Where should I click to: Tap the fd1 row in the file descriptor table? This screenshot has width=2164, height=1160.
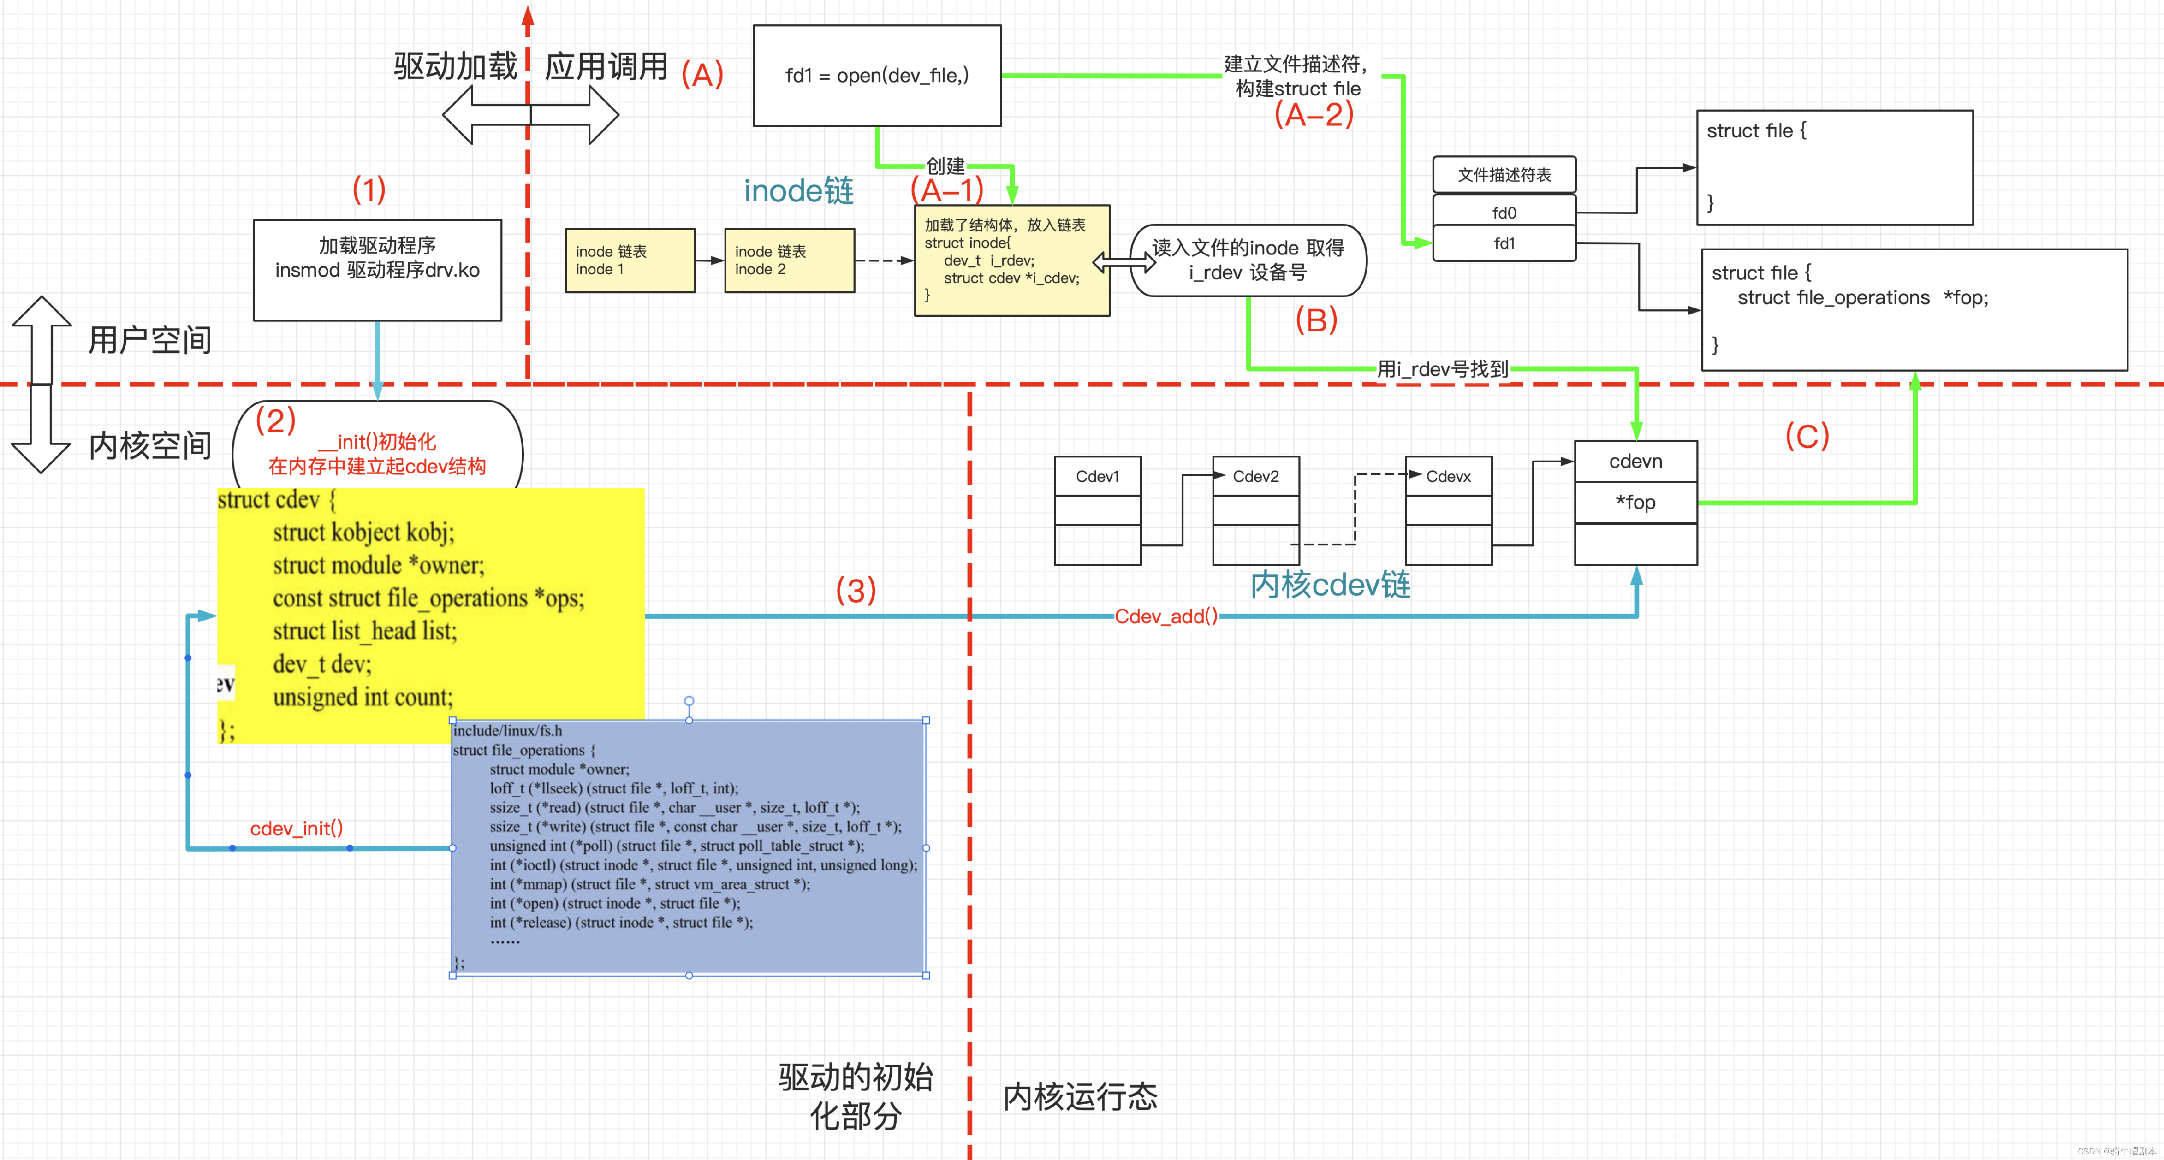[1504, 243]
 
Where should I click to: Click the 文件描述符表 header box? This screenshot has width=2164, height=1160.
[1504, 175]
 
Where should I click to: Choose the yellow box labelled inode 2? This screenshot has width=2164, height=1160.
[789, 260]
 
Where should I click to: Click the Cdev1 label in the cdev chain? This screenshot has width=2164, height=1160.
[1097, 476]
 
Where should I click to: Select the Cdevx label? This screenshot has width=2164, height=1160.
[1448, 476]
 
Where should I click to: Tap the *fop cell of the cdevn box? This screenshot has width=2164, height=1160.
[1635, 502]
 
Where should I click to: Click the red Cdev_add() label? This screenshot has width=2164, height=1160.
[1165, 616]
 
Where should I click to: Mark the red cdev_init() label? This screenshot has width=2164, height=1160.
[297, 828]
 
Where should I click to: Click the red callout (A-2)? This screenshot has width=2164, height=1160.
[1314, 114]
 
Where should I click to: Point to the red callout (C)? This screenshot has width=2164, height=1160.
[1806, 436]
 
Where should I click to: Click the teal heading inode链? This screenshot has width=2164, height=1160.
[798, 191]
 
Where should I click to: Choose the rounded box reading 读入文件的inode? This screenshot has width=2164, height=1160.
[1248, 260]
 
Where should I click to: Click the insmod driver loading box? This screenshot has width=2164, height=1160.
[377, 270]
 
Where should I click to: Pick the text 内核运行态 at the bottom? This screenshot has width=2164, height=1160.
[1080, 1096]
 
